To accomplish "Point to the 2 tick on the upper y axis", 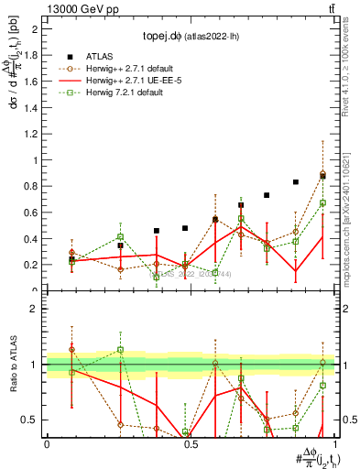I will (x=38, y=29).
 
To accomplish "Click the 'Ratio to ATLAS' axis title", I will (x=12, y=366).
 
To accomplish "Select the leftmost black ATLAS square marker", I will (x=71, y=259).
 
